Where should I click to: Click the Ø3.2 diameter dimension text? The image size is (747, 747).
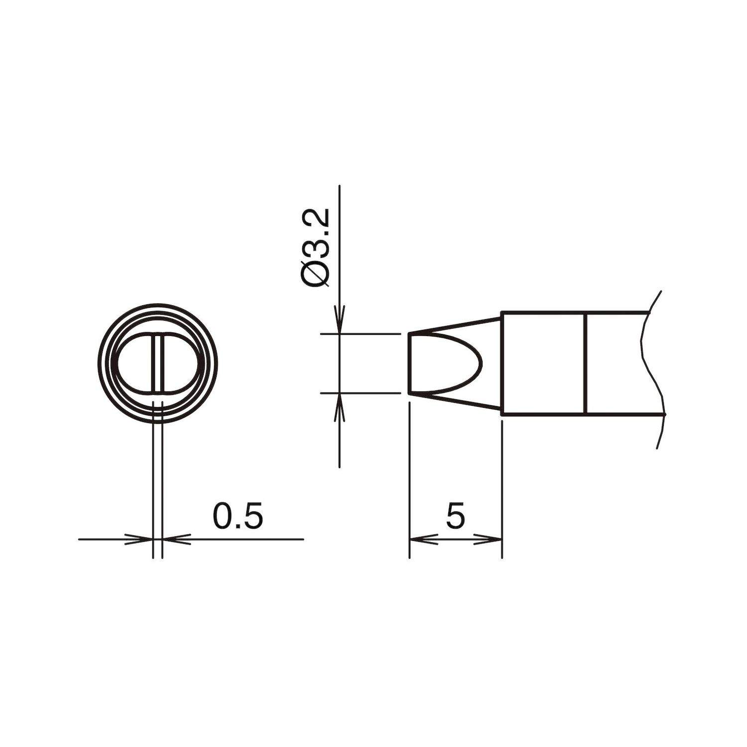coord(316,248)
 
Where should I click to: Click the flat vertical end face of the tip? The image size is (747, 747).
coord(409,363)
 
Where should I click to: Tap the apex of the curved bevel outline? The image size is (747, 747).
coord(482,363)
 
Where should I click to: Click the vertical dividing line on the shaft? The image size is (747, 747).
coord(586,363)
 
